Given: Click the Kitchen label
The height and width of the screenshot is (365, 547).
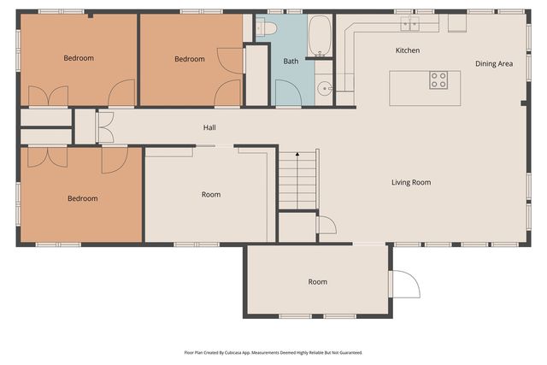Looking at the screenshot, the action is [408, 50].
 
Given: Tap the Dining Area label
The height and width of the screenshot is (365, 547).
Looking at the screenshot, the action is [494, 64].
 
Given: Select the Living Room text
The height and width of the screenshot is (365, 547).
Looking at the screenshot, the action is [411, 183].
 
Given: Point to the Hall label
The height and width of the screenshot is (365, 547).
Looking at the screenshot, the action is [209, 127].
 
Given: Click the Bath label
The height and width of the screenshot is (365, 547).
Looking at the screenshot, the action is [291, 62].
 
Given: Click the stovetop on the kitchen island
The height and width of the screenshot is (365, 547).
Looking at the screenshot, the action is [438, 79].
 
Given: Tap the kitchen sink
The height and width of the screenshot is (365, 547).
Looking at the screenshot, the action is [410, 24].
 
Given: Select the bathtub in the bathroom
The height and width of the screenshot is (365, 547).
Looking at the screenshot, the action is [320, 36].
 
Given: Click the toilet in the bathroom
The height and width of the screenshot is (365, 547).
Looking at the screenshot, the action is [266, 27].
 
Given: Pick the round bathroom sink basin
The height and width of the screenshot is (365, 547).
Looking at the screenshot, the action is [325, 89].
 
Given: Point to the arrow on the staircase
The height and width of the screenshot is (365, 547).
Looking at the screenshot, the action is [297, 154].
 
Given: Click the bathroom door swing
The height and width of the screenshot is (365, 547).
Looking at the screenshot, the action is [289, 93].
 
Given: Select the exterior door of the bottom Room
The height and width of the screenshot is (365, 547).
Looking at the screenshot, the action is [404, 284].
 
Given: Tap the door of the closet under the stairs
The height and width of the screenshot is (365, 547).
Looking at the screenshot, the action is [327, 225].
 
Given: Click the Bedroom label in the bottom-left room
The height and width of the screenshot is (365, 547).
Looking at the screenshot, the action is [83, 198].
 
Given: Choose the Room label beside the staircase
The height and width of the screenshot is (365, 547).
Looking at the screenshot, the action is [211, 195].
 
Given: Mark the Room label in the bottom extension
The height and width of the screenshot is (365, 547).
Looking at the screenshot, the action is [317, 282].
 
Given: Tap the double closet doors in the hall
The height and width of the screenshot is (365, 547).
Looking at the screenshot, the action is [106, 127].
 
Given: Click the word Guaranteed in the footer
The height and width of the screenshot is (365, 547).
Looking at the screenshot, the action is [353, 353].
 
